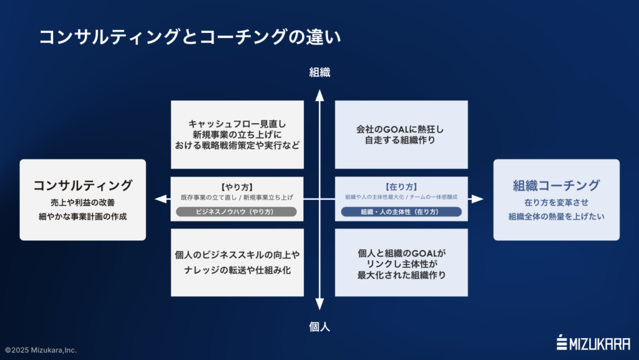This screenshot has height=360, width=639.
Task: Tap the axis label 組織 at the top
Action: [x=319, y=72]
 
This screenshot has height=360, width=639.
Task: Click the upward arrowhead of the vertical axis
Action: [x=319, y=94]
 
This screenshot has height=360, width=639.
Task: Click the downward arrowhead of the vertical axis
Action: [x=319, y=305]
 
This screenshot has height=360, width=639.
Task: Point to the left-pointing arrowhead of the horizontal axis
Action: [x=161, y=199]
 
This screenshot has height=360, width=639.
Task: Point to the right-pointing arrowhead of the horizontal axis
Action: [x=477, y=199]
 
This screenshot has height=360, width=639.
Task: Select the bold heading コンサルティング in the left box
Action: [x=82, y=185]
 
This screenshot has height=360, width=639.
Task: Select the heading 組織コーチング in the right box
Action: [x=556, y=185]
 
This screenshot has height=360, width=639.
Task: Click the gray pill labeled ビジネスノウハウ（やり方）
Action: [x=237, y=212]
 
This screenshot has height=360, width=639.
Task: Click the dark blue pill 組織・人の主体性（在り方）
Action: [x=401, y=212]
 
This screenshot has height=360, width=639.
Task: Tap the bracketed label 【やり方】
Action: [x=237, y=186]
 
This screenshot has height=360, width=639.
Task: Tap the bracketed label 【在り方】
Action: [x=401, y=186]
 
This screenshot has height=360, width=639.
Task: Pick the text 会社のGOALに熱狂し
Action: [x=401, y=129]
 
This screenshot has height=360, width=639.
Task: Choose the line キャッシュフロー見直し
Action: [x=237, y=124]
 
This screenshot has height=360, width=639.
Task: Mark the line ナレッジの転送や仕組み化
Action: [x=237, y=271]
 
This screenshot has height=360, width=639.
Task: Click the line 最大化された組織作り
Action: [x=401, y=275]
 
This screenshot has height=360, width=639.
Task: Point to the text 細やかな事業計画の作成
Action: [x=82, y=216]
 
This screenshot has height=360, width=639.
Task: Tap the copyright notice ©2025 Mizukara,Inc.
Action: [x=41, y=351]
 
